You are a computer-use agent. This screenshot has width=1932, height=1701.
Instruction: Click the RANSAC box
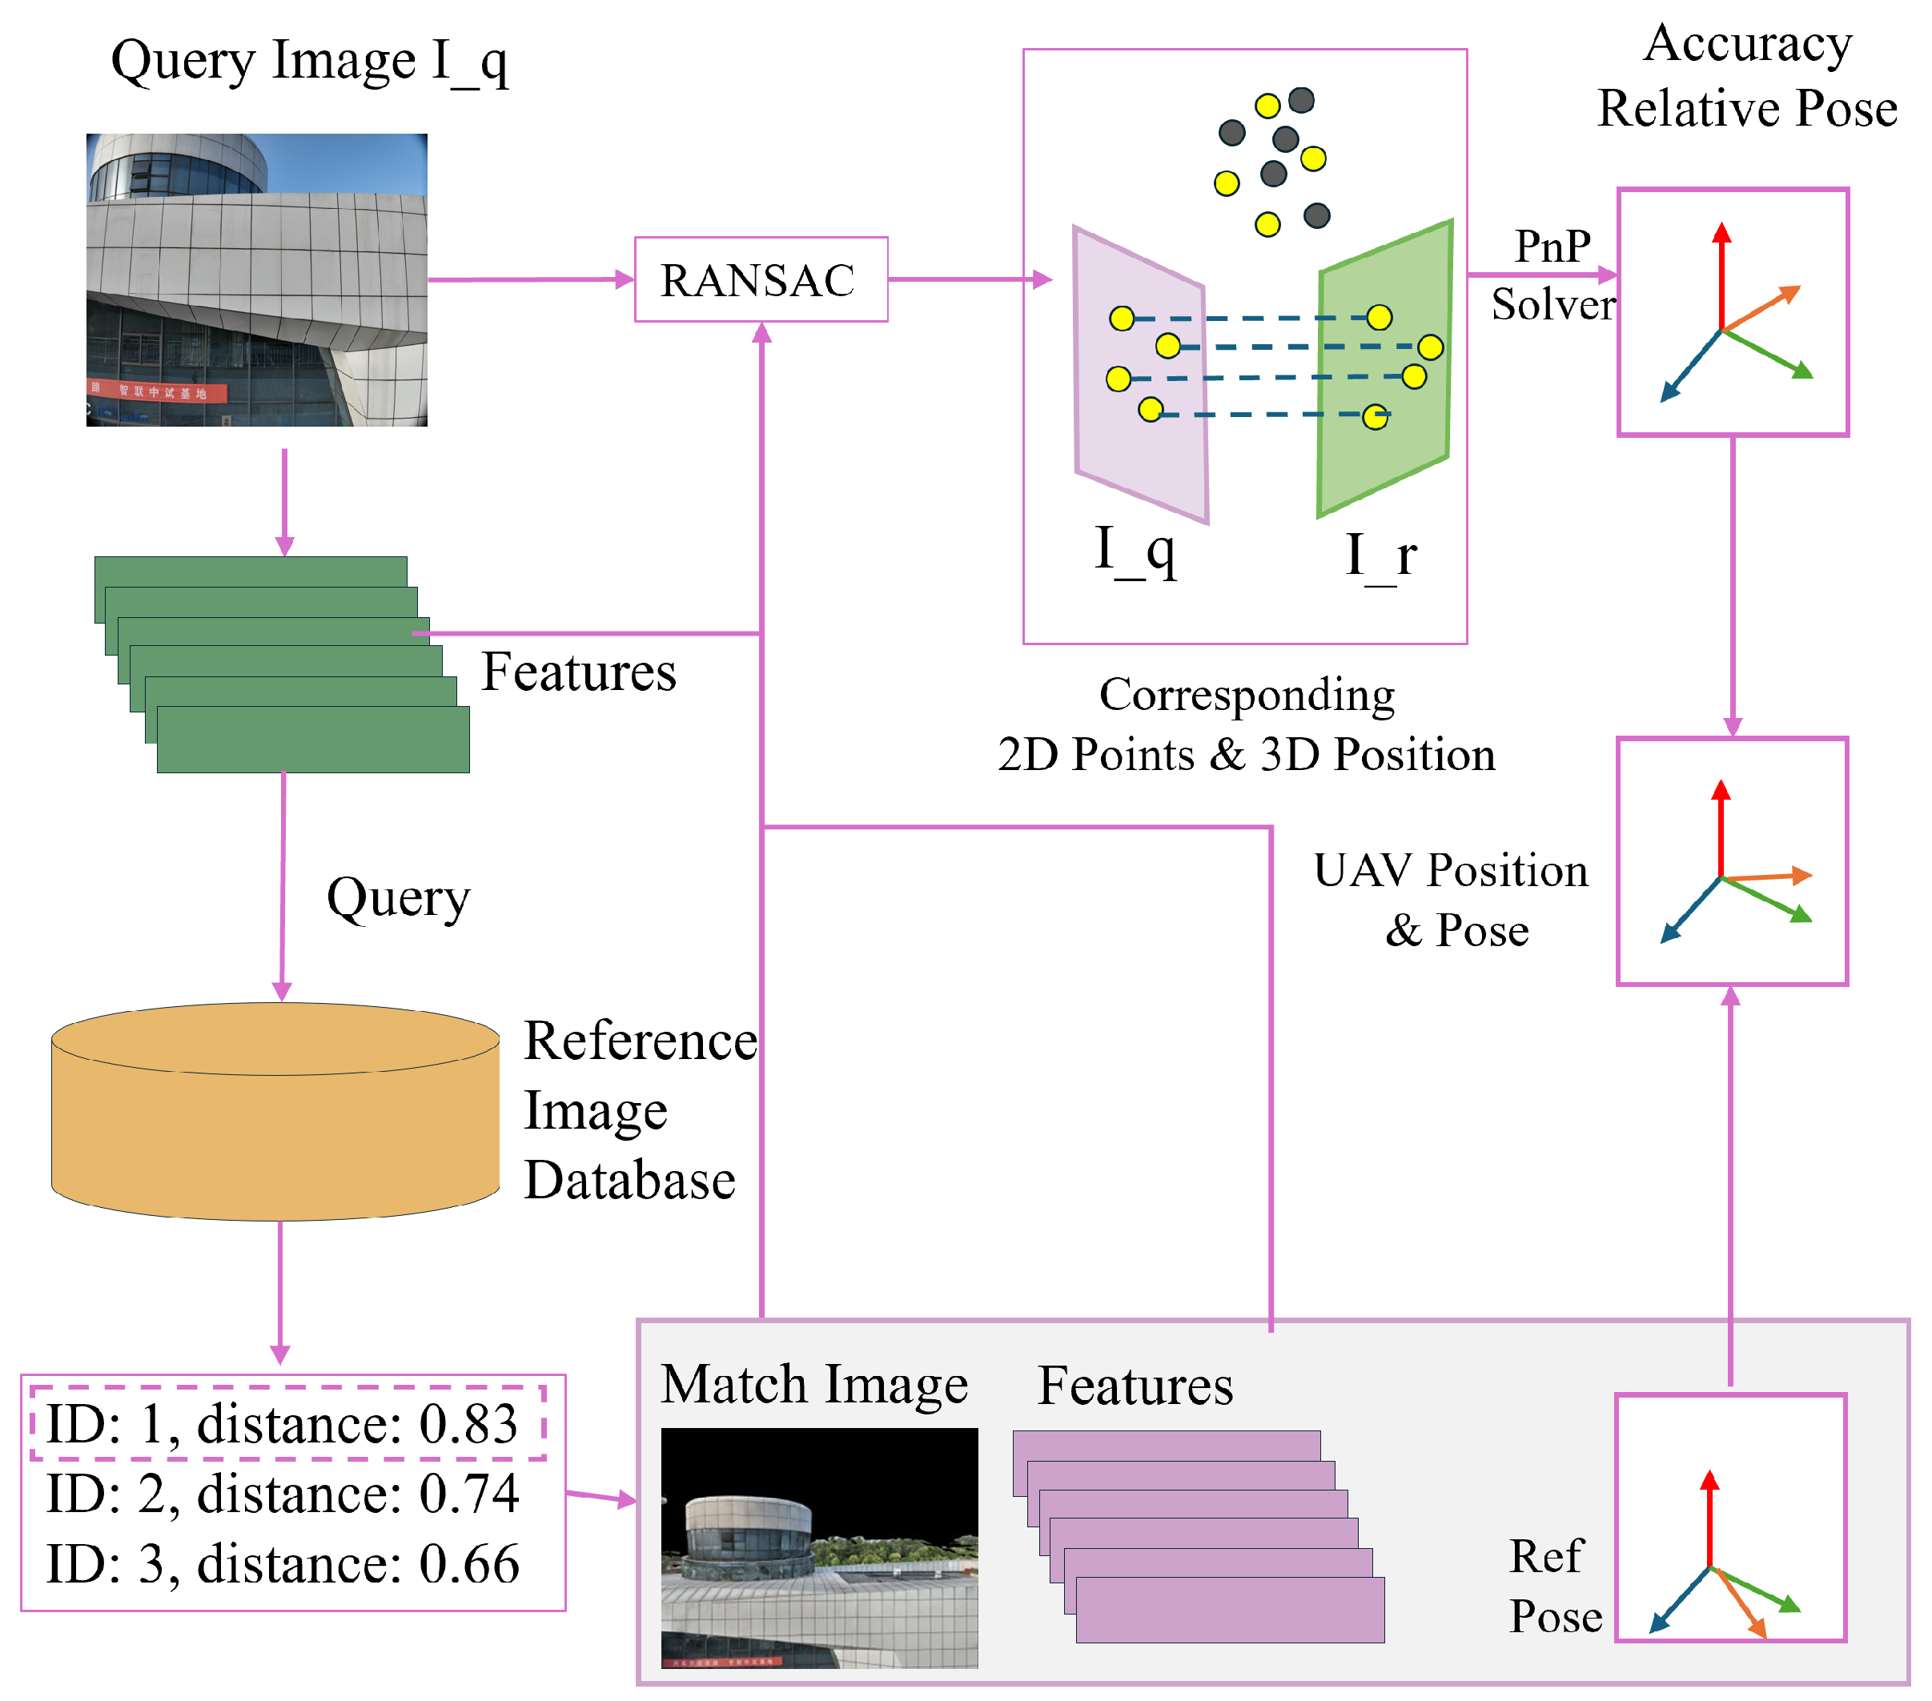(760, 279)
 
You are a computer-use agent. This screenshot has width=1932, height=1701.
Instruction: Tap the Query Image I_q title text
(309, 62)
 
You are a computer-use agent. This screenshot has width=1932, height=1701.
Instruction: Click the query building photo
(256, 279)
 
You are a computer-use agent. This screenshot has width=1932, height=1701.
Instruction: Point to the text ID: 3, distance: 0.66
(283, 1564)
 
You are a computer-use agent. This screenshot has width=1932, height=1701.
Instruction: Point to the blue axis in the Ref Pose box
(1680, 1600)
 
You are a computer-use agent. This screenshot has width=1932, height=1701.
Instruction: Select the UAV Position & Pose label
(1452, 900)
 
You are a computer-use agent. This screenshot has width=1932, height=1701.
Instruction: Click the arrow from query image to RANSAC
(529, 279)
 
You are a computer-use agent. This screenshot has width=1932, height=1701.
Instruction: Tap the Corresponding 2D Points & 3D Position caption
(1246, 724)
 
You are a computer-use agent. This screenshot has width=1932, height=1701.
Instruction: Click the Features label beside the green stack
(578, 673)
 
